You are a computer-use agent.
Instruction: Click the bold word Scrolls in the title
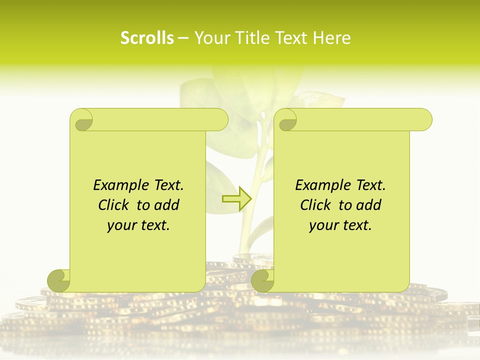(x=147, y=38)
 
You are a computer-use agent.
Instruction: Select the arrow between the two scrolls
(x=236, y=199)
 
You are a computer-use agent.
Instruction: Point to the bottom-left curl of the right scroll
(x=263, y=280)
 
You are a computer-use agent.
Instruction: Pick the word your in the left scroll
(x=121, y=225)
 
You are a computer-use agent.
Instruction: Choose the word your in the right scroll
(x=323, y=225)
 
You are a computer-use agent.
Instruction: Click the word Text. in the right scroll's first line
(x=370, y=185)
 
